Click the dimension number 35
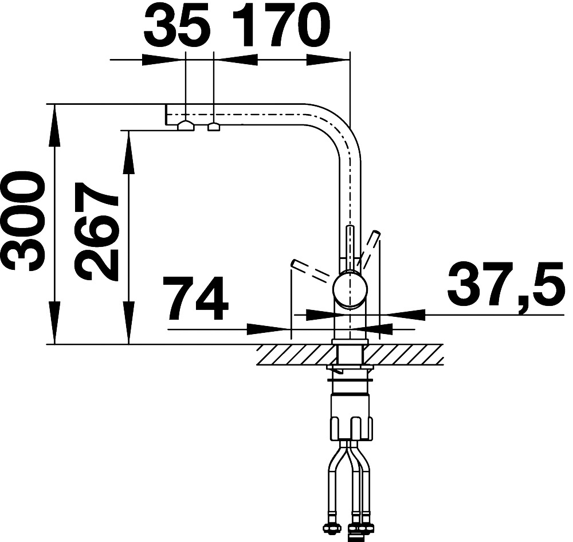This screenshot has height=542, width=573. point(178,26)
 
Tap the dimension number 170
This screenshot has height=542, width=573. point(281,26)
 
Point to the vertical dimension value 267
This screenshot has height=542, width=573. point(96,231)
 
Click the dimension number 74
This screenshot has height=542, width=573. point(197,298)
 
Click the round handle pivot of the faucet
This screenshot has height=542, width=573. point(350,289)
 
